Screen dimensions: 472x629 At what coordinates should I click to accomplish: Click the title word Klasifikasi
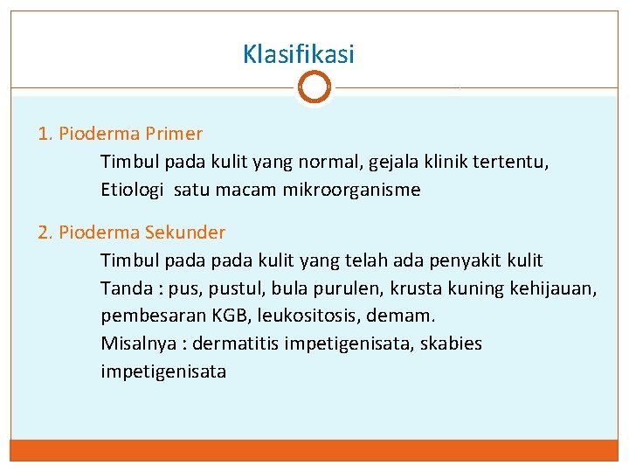tap(299, 55)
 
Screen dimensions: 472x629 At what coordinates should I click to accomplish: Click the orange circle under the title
tap(314, 87)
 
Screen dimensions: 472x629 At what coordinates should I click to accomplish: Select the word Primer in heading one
tap(175, 134)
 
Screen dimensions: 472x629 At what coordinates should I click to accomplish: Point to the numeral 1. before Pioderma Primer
tap(45, 134)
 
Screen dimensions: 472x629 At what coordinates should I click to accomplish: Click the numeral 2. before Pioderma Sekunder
tap(46, 233)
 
